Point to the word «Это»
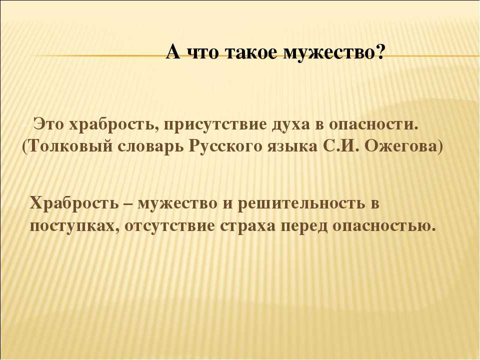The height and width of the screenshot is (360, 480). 48,124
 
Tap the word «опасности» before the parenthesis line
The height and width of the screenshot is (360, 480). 373,124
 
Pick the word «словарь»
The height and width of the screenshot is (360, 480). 150,147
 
